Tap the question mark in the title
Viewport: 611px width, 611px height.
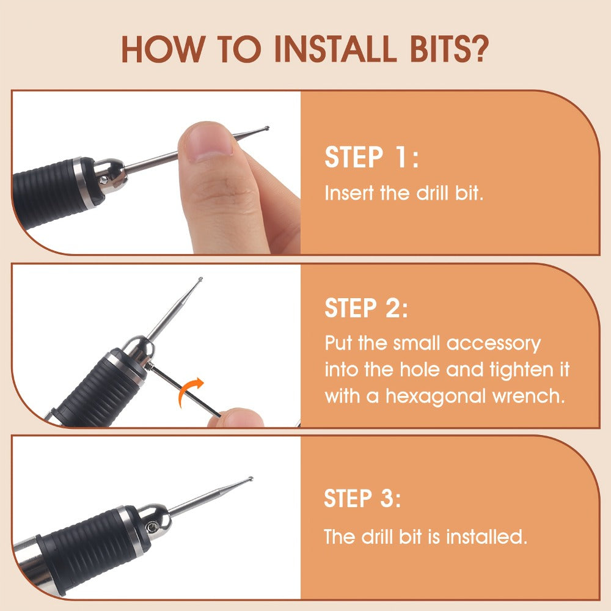[477, 49]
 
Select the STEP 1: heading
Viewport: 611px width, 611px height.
[371, 157]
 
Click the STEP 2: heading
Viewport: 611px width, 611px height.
[366, 308]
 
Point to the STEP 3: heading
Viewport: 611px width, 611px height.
[362, 498]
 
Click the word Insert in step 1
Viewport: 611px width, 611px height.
[349, 193]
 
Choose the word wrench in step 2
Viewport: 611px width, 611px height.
[529, 397]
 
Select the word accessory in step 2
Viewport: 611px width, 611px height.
[493, 344]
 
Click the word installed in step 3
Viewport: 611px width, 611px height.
[486, 536]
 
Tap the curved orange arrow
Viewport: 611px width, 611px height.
[190, 391]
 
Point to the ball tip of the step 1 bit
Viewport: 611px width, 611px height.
[266, 128]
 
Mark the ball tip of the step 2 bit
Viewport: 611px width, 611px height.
[200, 279]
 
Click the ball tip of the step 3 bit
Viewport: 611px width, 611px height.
[251, 478]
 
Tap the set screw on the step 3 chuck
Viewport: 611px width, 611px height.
[152, 527]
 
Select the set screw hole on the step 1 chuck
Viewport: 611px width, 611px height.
[104, 180]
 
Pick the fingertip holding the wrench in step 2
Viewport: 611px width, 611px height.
[236, 418]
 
